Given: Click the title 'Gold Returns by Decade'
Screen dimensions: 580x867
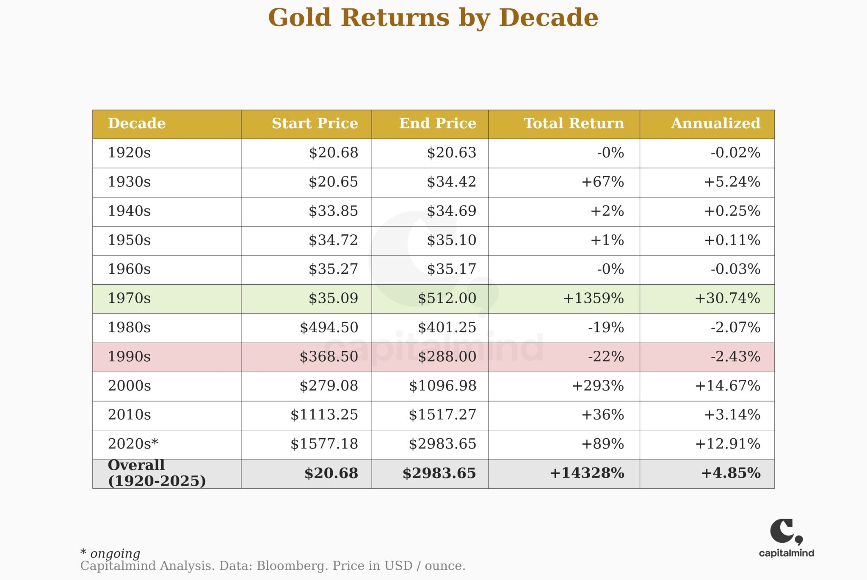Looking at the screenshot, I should (433, 18).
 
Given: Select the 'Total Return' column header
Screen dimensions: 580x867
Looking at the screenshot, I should (574, 124).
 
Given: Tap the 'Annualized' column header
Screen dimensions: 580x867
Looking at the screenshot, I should (715, 124).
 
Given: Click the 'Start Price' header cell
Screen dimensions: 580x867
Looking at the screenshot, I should (315, 124).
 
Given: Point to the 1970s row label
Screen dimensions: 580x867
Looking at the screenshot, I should (129, 298).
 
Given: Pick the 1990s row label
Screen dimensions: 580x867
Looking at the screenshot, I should (129, 357).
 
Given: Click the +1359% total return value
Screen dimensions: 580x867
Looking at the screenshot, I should (593, 298).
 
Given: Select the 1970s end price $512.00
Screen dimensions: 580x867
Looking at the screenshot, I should (447, 298).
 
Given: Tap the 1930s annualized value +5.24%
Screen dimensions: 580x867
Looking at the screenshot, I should (732, 182).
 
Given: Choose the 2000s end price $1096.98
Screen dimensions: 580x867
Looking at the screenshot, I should (442, 386).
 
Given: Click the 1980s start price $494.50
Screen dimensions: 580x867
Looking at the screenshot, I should (329, 327).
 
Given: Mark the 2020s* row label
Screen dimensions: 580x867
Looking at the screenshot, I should (133, 444).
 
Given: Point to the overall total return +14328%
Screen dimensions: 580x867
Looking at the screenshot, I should (587, 473).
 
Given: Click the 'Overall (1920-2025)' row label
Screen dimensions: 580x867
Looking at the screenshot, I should (157, 473).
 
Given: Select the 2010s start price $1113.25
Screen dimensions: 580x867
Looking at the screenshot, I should (324, 415).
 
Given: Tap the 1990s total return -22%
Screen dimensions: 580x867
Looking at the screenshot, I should (606, 357).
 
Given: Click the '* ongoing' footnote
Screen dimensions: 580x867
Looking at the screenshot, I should (110, 553).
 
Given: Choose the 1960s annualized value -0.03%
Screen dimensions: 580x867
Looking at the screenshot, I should (735, 269).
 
